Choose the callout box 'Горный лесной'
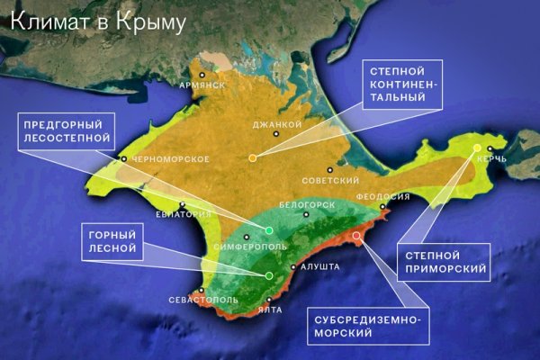(x=112, y=238)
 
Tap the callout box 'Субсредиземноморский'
(x=364, y=325)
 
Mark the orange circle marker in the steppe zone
(x=252, y=157)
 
